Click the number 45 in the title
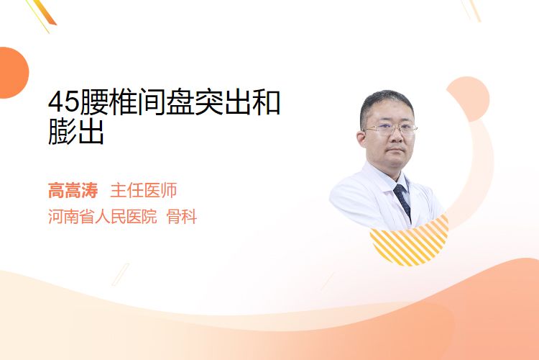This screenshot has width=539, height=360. point(63,102)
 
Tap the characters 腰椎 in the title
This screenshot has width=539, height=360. point(109,102)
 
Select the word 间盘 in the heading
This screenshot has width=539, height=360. point(166,102)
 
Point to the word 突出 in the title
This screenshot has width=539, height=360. point(224,102)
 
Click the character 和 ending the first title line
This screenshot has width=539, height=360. point(267,102)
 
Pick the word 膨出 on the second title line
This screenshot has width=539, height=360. point(76,132)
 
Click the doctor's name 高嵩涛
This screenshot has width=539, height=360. point(73,190)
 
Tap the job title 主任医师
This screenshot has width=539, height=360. point(144,190)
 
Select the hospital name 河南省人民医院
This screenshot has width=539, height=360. point(103,216)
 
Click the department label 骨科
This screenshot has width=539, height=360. point(182,216)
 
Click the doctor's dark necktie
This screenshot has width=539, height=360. point(402,201)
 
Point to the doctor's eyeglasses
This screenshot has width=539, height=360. point(390,129)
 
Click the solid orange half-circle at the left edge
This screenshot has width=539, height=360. point(13,73)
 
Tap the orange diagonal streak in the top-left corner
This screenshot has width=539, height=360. point(44,12)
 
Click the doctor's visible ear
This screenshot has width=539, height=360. point(361,140)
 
